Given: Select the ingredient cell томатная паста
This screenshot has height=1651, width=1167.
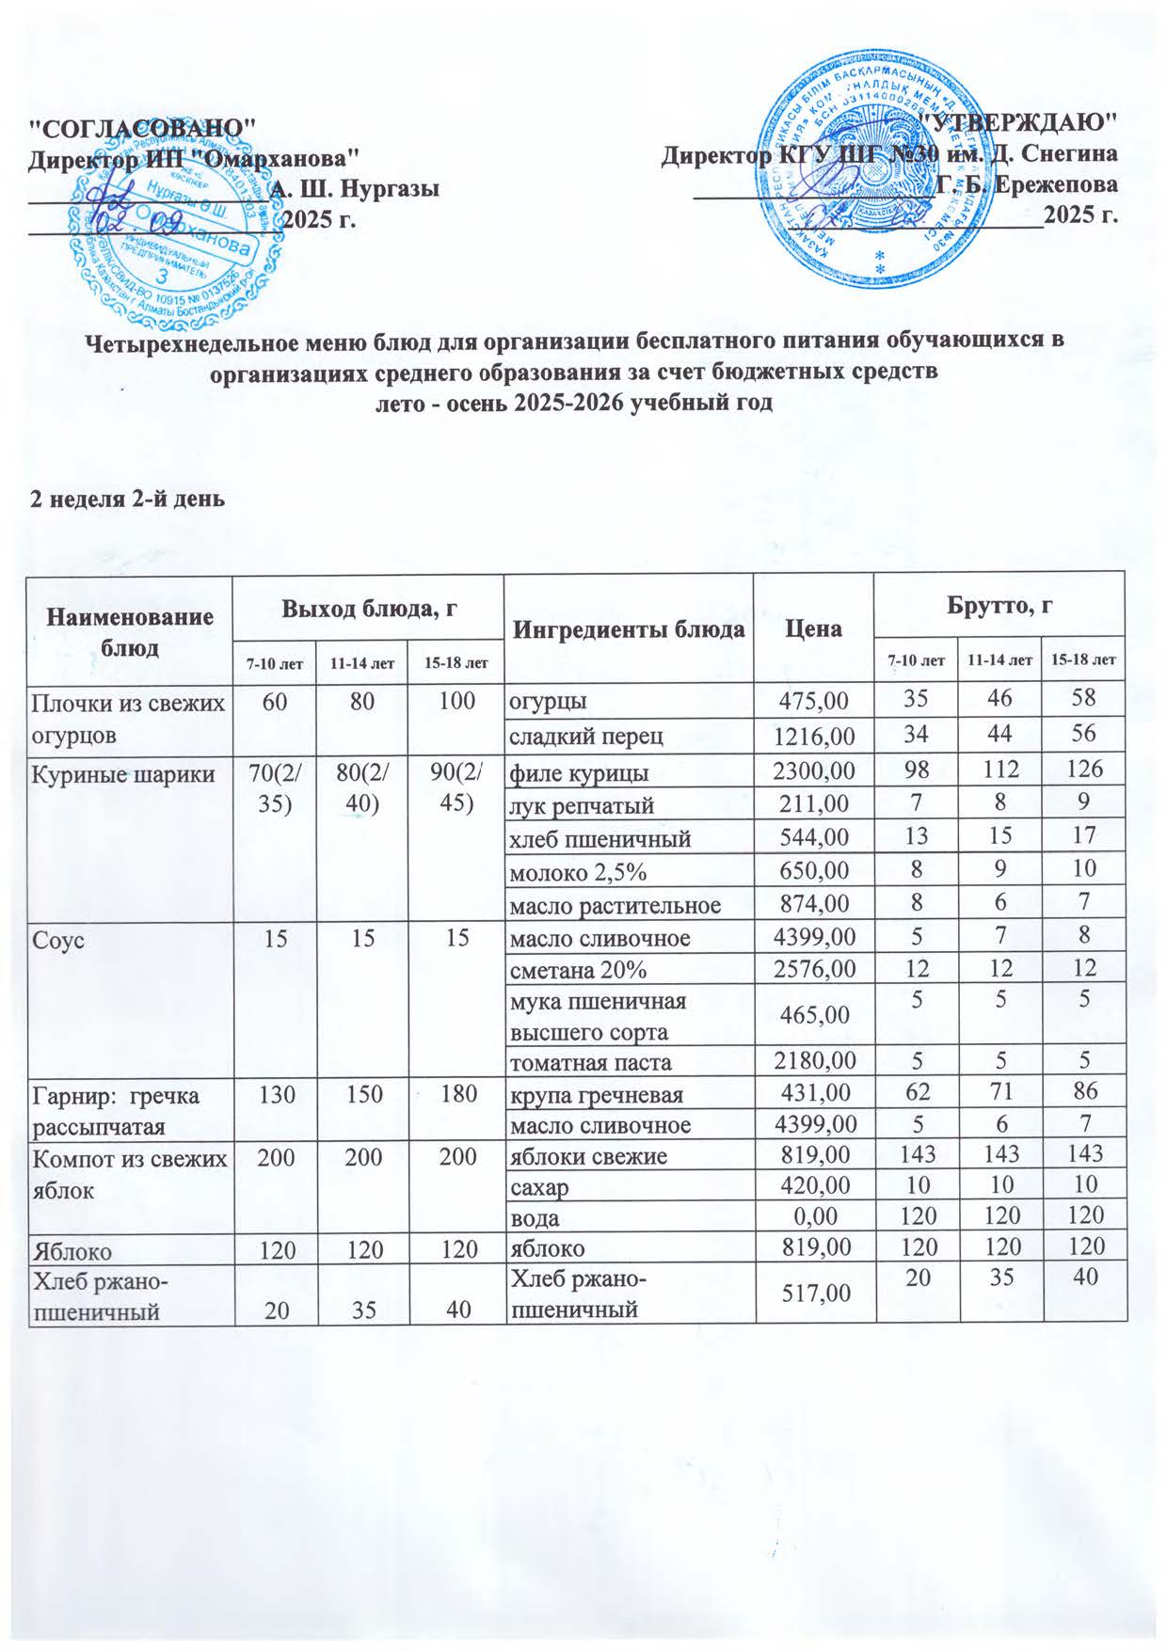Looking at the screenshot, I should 590,1062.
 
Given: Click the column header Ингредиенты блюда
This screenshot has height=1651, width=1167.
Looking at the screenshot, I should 629,627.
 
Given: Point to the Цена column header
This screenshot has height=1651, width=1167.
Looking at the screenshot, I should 814,627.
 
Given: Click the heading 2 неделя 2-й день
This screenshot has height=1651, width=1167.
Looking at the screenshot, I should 128,498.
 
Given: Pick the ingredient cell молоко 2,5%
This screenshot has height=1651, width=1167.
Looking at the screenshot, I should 578,872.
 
